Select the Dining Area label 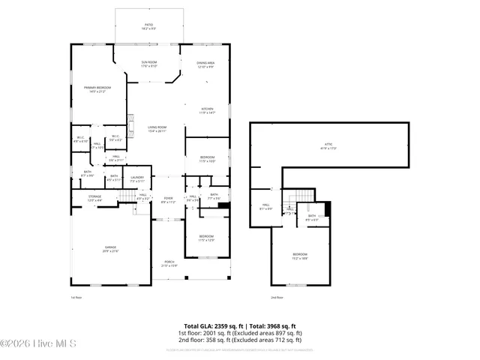[205, 65]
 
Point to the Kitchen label [208, 110]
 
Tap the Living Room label [156, 129]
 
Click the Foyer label [168, 199]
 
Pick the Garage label [110, 249]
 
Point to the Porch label [169, 263]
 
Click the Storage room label [94, 198]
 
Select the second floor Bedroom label [299, 256]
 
